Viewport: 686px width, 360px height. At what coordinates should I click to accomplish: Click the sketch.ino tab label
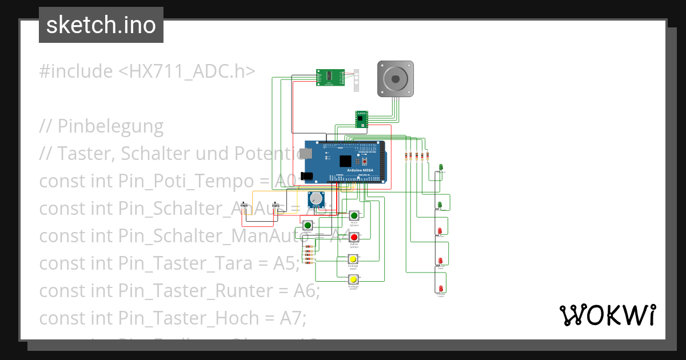pos(101,25)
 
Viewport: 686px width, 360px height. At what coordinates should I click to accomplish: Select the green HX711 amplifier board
pos(331,77)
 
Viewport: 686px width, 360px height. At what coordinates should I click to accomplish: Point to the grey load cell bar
pos(356,80)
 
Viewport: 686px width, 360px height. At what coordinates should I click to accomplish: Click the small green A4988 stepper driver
pos(361,119)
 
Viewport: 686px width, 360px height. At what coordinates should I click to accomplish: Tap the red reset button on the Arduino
pos(364,161)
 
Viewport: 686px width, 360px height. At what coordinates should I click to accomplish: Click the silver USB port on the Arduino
pos(308,153)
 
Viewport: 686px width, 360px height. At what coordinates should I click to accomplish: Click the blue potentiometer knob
pos(316,199)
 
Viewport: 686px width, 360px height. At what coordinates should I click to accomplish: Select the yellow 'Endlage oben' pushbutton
pos(353,258)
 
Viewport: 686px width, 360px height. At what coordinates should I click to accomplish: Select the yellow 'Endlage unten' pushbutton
pos(353,279)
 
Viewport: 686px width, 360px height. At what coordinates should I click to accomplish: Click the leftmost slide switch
pos(246,205)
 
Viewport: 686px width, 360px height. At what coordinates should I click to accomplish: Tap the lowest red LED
pos(441,289)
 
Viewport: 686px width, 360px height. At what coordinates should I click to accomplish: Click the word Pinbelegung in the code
pos(110,126)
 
